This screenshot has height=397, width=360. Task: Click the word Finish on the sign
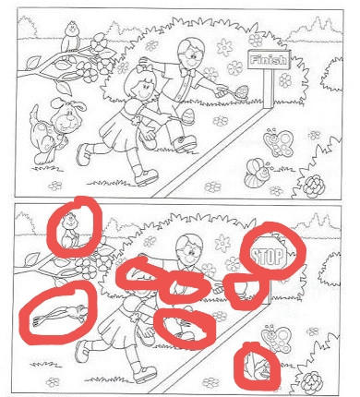click(270, 60)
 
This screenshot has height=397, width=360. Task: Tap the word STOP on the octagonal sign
click(267, 256)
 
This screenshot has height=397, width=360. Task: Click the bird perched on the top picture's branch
click(71, 37)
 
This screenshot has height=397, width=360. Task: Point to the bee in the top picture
click(257, 173)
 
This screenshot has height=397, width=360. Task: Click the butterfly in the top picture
click(279, 142)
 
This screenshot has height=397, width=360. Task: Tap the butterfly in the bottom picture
click(276, 339)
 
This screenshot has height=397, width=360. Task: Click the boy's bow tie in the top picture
click(186, 73)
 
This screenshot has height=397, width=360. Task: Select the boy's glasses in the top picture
click(191, 55)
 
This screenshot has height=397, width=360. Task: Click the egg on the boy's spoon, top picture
click(243, 91)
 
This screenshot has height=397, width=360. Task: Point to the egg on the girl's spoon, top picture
click(187, 116)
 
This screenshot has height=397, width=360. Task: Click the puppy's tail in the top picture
click(34, 114)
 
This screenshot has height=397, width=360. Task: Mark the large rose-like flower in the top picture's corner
click(313, 186)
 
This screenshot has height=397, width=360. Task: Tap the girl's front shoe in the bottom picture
click(144, 374)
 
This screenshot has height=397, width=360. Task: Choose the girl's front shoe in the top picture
click(146, 177)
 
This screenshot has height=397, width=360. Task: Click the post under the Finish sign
click(268, 89)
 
